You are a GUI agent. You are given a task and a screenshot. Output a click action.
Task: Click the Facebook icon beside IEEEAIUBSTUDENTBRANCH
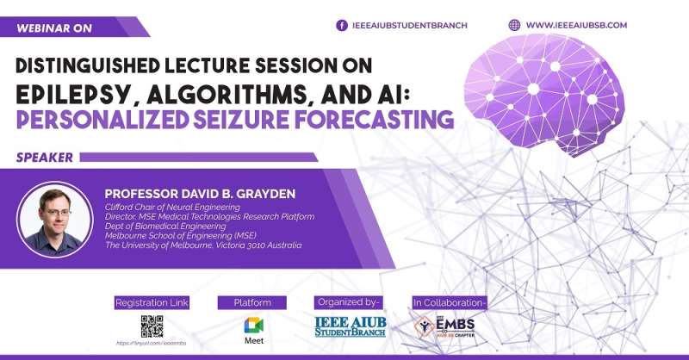[x=341, y=26]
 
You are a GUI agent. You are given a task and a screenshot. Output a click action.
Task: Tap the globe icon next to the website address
[x=515, y=26]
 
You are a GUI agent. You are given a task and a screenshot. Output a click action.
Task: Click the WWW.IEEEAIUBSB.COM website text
[x=588, y=26]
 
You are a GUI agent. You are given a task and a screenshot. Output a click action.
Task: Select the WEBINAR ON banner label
[x=53, y=28]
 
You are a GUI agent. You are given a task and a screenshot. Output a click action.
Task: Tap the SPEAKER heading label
[x=44, y=158]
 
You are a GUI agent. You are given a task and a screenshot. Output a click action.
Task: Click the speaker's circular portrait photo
[x=54, y=220]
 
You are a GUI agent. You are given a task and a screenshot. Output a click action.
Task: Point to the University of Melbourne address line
[x=203, y=245]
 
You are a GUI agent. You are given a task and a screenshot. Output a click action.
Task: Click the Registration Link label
[x=152, y=302]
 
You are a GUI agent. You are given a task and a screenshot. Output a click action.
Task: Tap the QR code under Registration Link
[x=152, y=326]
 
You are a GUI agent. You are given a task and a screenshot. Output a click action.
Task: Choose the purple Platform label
[x=252, y=302]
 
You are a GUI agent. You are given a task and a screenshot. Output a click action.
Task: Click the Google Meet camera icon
[x=253, y=326]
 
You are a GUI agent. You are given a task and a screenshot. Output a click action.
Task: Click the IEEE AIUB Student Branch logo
[x=351, y=327]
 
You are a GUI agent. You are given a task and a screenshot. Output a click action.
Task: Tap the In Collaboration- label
[x=450, y=302]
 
